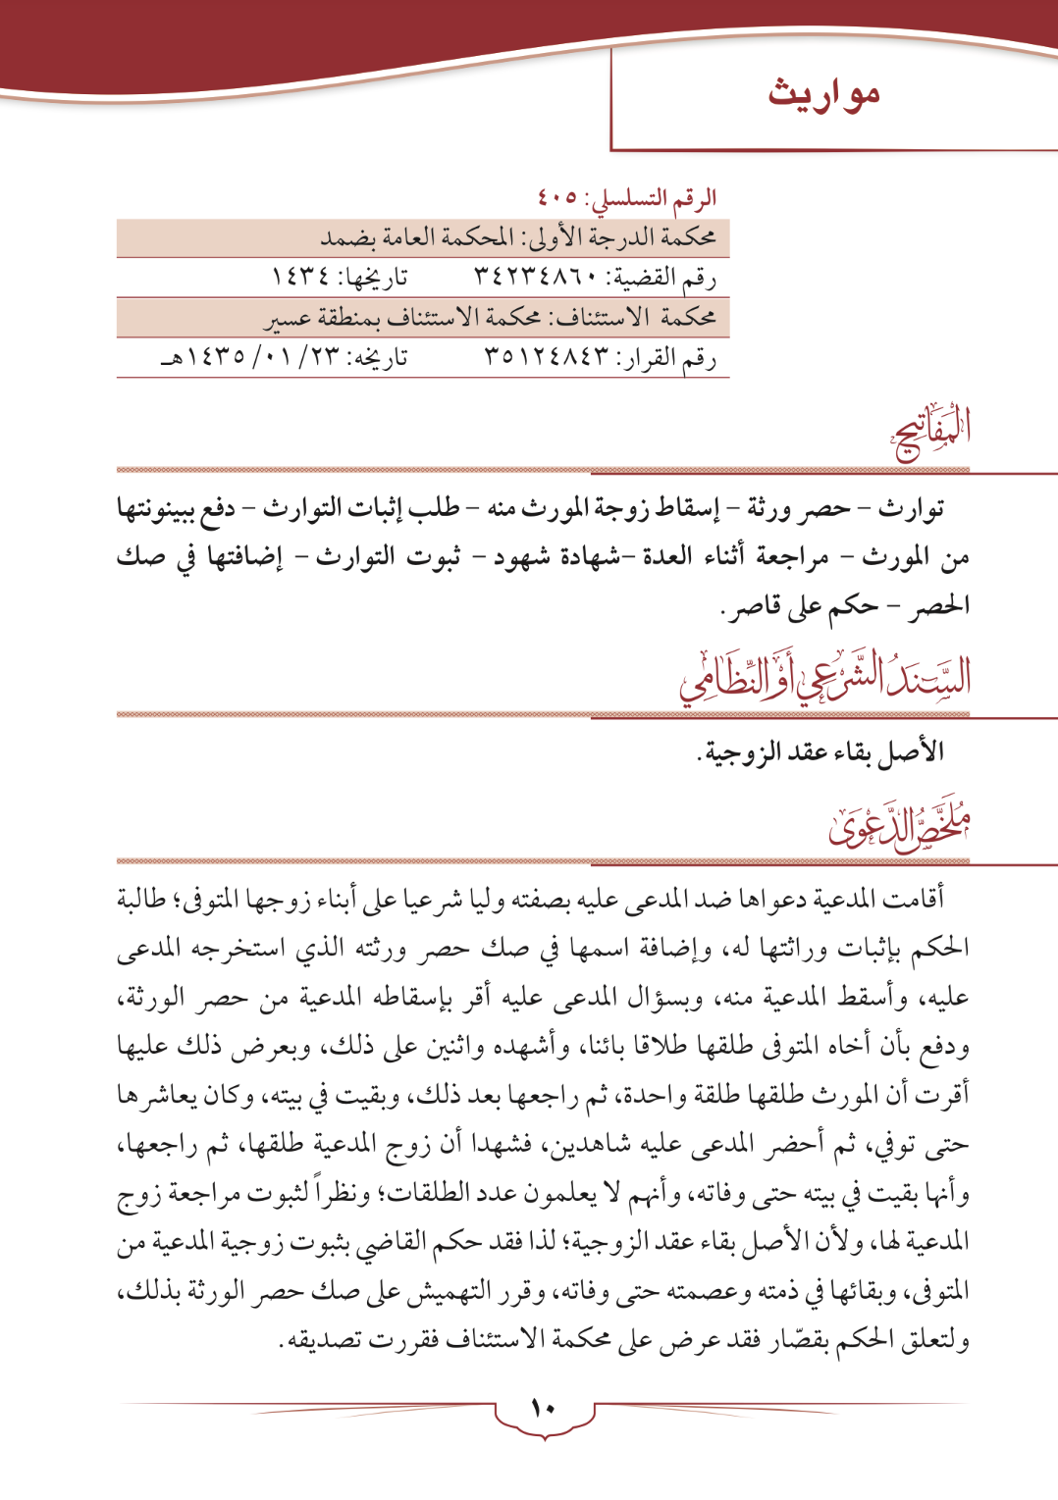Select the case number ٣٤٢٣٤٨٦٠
535,278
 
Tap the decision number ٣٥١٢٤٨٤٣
546,358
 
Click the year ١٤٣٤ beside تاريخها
300,278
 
